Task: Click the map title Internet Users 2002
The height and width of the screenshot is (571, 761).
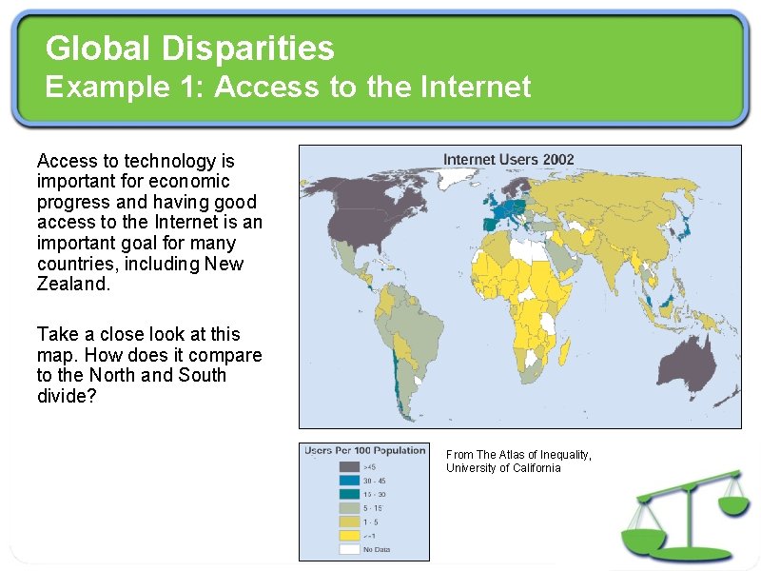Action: pyautogui.click(x=509, y=159)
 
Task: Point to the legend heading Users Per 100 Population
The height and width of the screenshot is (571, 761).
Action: pyautogui.click(x=365, y=450)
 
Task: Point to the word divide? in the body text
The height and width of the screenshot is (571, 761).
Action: pyautogui.click(x=67, y=396)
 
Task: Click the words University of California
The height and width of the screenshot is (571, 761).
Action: pyautogui.click(x=503, y=468)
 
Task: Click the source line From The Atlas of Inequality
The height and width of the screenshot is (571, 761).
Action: pyautogui.click(x=518, y=455)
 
